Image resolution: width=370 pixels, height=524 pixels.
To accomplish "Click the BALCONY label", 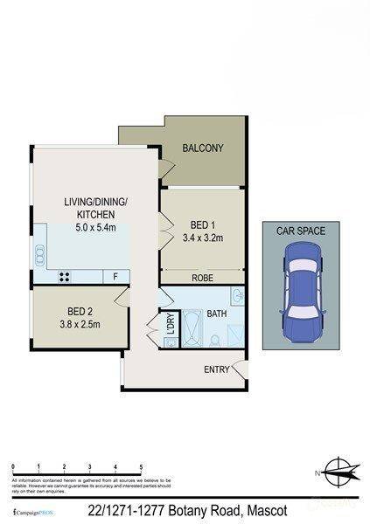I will pyautogui.click(x=203, y=148).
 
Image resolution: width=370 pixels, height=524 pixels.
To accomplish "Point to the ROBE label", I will pyautogui.click(x=203, y=278).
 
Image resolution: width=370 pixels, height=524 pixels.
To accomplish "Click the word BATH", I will pyautogui.click(x=216, y=314).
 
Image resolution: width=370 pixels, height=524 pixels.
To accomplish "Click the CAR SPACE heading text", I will pyautogui.click(x=300, y=231).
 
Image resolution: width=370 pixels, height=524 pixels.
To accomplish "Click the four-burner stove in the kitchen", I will pyautogui.click(x=64, y=278).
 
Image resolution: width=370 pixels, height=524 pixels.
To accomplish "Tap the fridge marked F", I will pyautogui.click(x=115, y=277).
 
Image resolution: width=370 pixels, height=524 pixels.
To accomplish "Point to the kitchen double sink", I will pyautogui.click(x=39, y=255).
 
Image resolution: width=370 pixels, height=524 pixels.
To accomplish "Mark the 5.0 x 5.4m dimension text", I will pyautogui.click(x=96, y=228).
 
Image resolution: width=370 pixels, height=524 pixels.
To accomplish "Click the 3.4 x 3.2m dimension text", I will pyautogui.click(x=203, y=238).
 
